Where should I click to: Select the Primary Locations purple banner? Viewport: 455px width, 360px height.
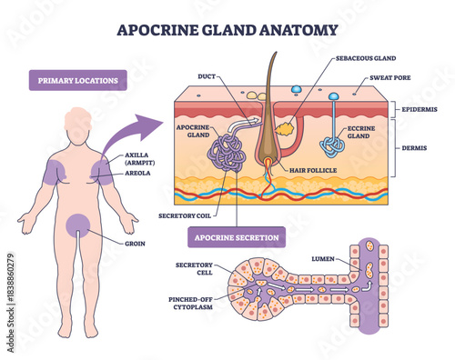point(77,80)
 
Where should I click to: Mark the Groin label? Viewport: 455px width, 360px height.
point(135,243)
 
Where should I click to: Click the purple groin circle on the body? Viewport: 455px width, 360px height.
point(77,225)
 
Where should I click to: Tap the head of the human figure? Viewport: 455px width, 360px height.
point(78,122)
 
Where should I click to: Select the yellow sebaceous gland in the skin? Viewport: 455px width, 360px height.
point(284,131)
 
